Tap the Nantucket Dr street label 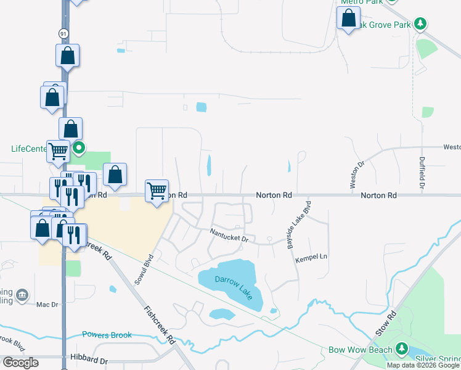coord(229,235)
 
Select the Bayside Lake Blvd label coord(298,224)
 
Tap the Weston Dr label coord(354,175)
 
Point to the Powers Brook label coord(107,335)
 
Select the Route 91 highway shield coord(63,32)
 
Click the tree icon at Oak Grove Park coord(420,24)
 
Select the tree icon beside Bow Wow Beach coord(402,350)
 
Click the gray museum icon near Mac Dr coord(22,295)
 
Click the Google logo coord(20,363)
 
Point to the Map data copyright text coord(422,365)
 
